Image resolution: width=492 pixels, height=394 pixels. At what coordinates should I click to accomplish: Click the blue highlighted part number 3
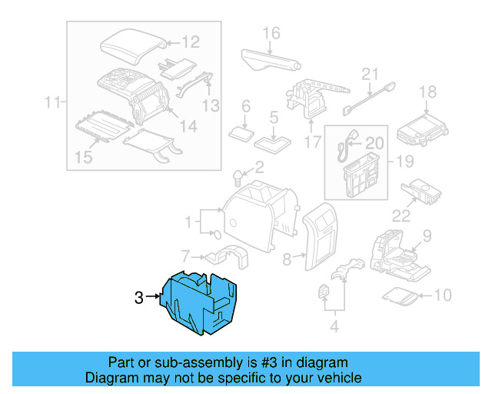201,304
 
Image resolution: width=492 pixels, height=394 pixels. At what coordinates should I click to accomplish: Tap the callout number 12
190,43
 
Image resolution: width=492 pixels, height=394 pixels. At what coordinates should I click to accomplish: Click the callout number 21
371,74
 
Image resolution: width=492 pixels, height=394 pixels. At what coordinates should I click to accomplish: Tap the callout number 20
374,143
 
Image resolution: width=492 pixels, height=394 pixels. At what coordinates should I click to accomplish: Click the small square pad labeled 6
245,132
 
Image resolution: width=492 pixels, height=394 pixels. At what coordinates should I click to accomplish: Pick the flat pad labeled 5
273,142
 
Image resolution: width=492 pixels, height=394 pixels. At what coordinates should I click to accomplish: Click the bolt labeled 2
238,179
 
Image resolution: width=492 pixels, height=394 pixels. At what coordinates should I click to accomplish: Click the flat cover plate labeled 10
401,295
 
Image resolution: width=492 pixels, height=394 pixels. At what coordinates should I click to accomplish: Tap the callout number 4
334,326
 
